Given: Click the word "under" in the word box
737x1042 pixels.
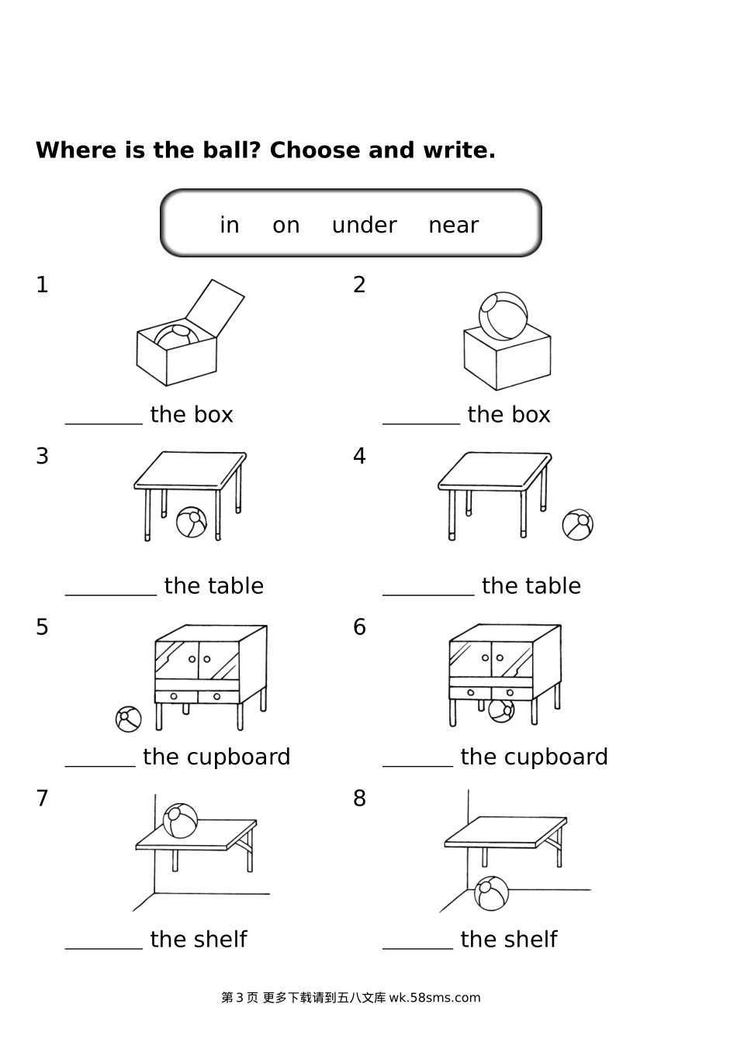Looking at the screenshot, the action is coord(364,225).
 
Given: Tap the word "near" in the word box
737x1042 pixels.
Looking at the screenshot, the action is coord(453,226).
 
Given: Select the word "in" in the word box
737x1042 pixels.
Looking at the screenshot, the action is coord(229,225).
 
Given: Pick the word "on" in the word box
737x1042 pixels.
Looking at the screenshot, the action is coord(285,226).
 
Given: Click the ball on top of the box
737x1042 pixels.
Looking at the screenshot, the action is coord(503,316).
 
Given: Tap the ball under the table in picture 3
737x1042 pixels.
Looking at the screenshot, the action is coord(192,522).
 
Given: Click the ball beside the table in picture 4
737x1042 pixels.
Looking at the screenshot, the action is coord(577,525).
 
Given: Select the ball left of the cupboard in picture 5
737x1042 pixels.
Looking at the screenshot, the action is coord(129,719).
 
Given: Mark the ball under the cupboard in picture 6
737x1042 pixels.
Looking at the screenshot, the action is coord(501,710).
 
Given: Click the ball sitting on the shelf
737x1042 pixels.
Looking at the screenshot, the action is coord(180,820).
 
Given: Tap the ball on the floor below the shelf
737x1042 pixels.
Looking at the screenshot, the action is coord(492,893).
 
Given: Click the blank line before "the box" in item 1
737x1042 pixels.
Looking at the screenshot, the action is coord(104,424).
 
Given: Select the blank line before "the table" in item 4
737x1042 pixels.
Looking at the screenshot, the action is coord(428,595).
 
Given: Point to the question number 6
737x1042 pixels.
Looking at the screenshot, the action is coord(359,627).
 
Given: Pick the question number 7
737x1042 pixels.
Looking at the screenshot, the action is coord(42,799).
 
